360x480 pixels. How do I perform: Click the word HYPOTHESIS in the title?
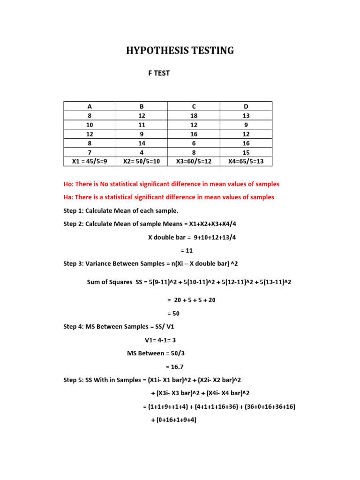coord(152,51)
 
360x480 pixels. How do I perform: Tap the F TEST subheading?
coord(159,73)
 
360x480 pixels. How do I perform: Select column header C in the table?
coord(194,106)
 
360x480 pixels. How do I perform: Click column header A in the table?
coord(90,106)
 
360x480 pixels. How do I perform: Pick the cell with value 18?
coord(194,116)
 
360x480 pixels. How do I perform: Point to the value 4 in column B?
coord(142,152)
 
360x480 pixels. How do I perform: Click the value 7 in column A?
coord(90,152)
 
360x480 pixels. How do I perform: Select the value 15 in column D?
coord(246,152)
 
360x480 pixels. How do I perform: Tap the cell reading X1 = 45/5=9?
coord(90,162)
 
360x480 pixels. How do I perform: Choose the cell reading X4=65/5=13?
coord(246,162)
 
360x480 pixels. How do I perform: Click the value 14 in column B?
coord(142,143)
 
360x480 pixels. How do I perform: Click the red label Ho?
coord(69,184)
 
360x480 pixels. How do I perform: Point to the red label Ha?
coord(69,197)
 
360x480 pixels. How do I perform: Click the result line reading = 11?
coord(187,250)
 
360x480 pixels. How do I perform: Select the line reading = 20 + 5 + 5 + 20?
coord(191,300)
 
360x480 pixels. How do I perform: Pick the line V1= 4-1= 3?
coord(160,340)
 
